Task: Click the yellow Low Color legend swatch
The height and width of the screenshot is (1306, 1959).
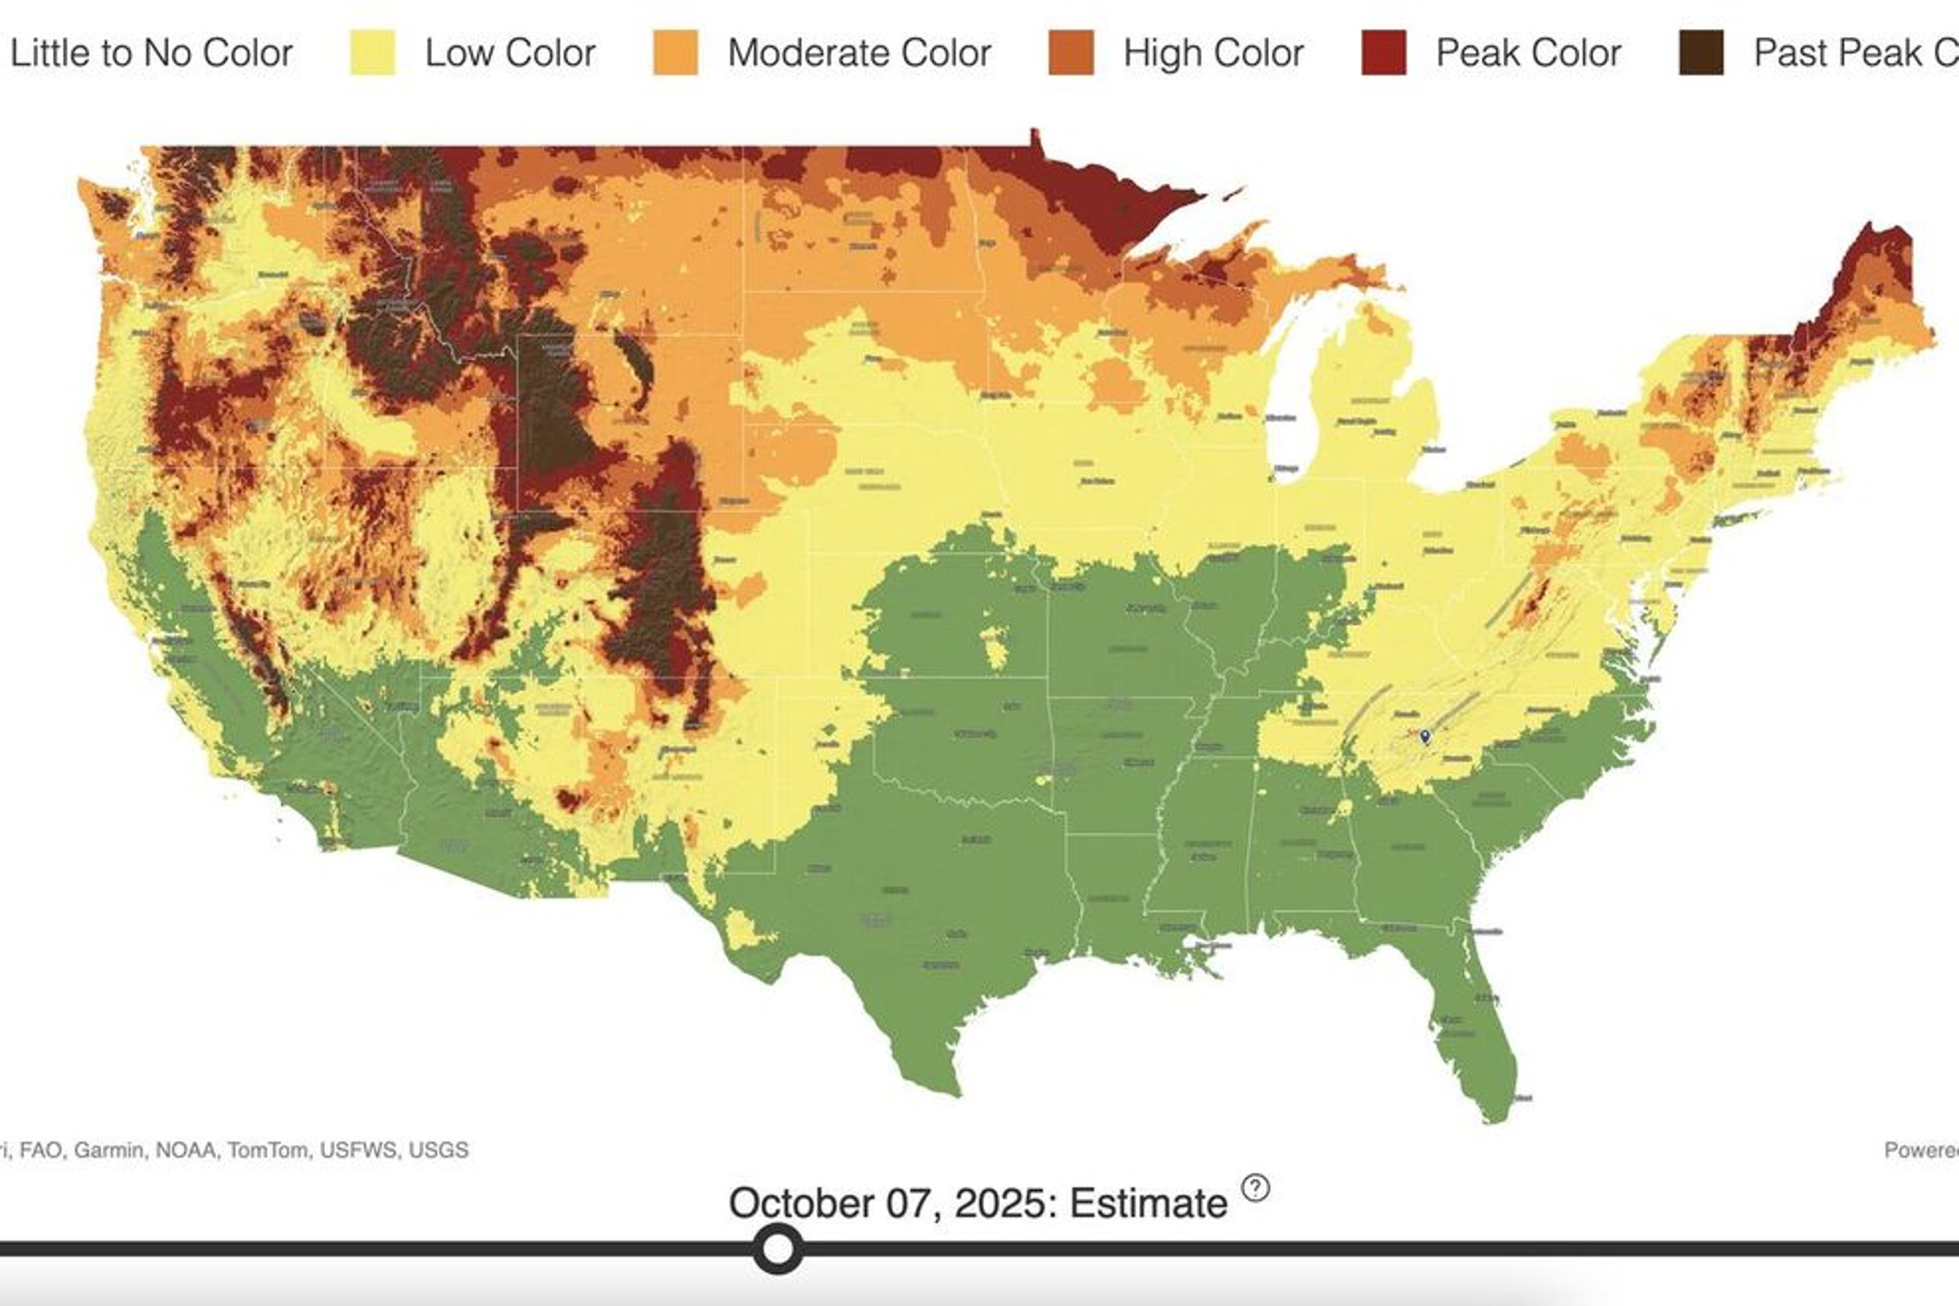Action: (x=372, y=53)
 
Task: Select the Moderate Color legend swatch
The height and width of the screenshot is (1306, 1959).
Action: (x=675, y=53)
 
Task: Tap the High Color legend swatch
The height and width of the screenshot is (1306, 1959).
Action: (x=1071, y=53)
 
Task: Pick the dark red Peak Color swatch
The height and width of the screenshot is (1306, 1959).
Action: (x=1384, y=53)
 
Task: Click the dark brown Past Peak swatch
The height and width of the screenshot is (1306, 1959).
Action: (x=1701, y=53)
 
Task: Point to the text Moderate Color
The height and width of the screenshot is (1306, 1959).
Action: (x=859, y=53)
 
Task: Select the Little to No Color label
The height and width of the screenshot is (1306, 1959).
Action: (x=151, y=53)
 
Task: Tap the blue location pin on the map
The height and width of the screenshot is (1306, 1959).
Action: (x=1425, y=736)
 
